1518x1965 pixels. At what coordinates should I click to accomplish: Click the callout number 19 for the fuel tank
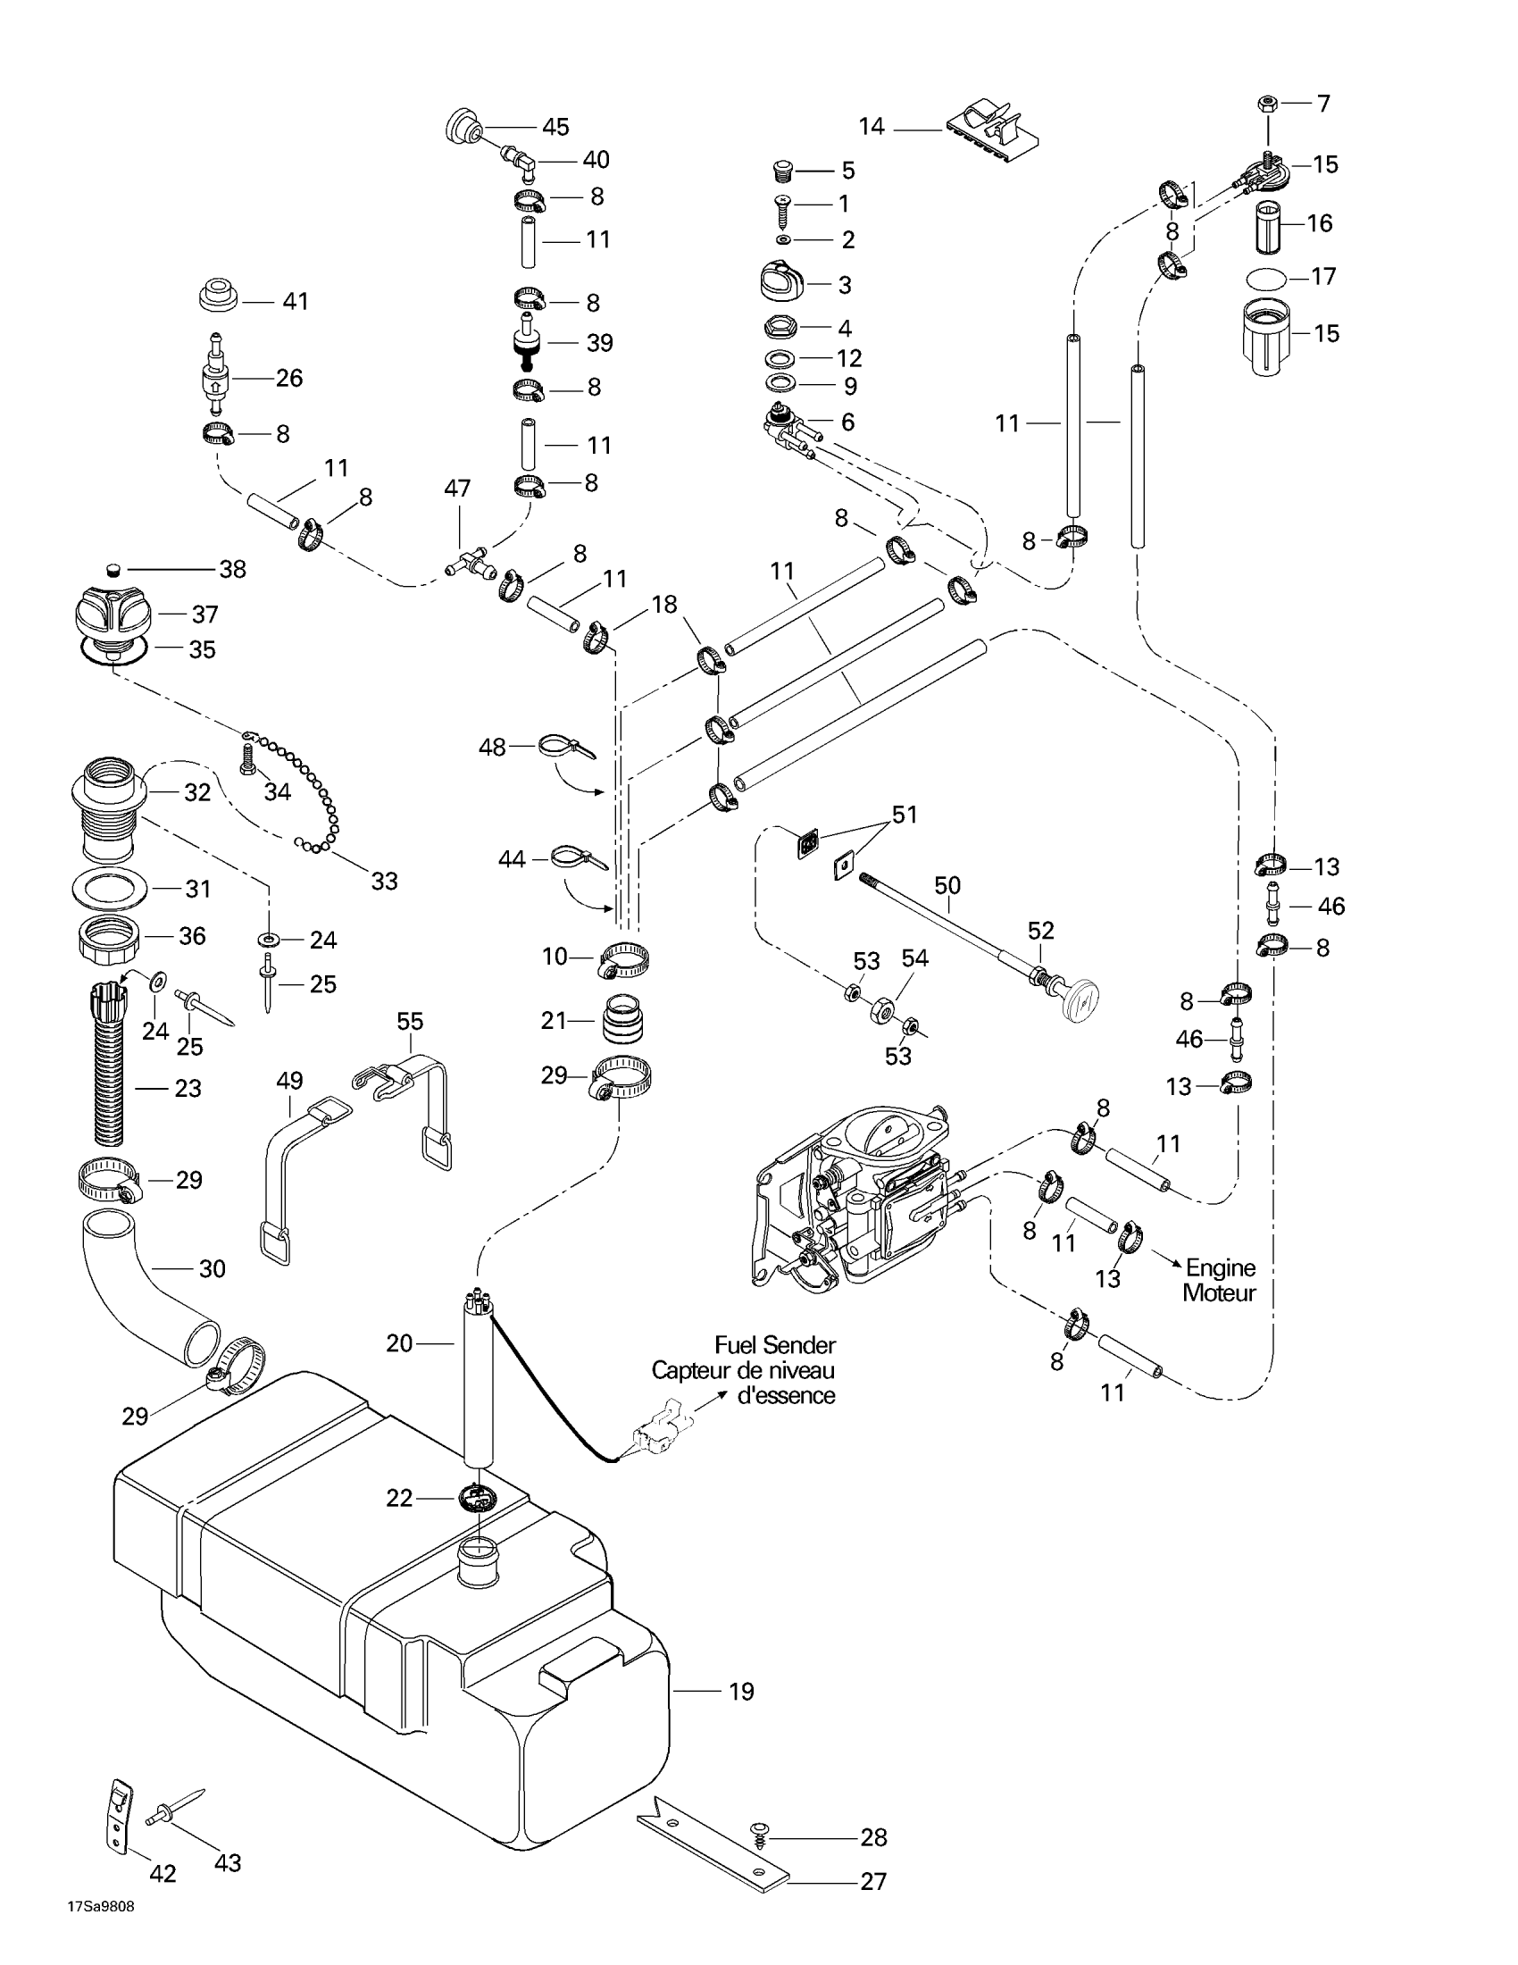click(x=741, y=1692)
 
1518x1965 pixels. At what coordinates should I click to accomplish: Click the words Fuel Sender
click(x=774, y=1345)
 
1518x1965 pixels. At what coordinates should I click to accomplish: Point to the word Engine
click(x=1221, y=1267)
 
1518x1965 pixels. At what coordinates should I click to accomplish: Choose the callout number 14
click(x=872, y=126)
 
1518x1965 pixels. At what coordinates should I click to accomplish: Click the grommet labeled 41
click(x=218, y=296)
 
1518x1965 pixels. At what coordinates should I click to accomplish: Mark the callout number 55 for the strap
click(x=410, y=1022)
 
